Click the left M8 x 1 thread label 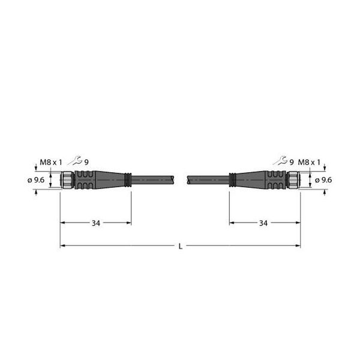50,161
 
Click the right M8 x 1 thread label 310,161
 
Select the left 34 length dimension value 96,223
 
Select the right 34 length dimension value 263,223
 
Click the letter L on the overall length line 180,246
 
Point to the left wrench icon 74,161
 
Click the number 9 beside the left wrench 86,161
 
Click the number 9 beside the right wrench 292,161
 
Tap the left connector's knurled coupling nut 67,180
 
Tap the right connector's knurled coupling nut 293,180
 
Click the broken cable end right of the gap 190,180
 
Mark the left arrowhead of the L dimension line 62,246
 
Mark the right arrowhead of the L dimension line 298,246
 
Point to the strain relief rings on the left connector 128,180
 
